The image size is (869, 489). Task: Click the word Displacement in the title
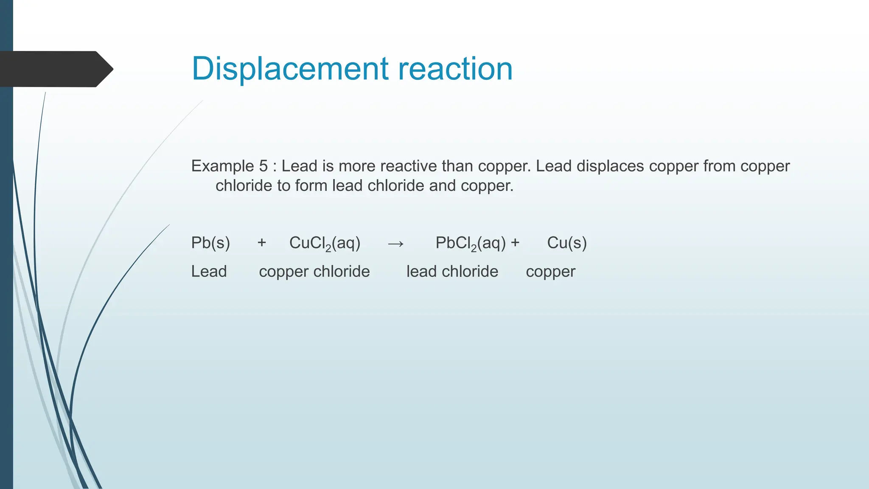[290, 69]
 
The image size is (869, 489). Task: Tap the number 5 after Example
[263, 166]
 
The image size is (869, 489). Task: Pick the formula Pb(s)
[210, 243]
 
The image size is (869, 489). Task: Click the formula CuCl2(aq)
[325, 243]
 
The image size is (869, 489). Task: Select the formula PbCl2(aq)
[471, 243]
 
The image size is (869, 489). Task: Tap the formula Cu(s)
[566, 243]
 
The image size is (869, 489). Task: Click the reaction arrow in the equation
[395, 244]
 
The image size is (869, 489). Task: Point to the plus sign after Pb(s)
[262, 243]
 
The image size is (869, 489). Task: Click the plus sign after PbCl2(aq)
[515, 243]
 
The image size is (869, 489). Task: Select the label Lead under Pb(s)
[209, 271]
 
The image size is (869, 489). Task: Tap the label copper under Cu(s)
[550, 272]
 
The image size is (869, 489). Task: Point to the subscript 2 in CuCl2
[328, 249]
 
